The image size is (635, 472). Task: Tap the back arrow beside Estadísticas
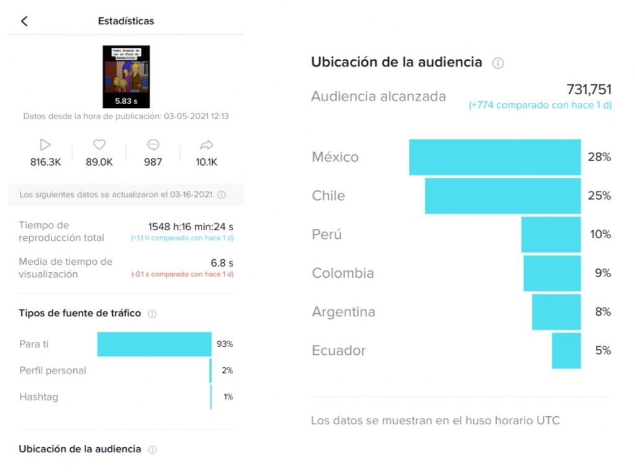[24, 21]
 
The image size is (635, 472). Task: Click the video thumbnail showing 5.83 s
[126, 76]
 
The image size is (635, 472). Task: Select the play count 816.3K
[45, 162]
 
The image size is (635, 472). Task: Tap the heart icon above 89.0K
[99, 145]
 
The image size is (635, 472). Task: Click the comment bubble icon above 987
[153, 145]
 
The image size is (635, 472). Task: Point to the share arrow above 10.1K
[206, 145]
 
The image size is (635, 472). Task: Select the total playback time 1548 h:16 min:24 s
[190, 226]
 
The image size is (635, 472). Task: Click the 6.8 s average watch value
[222, 263]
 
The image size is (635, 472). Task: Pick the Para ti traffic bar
[154, 344]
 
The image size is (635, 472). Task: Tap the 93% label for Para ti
[224, 344]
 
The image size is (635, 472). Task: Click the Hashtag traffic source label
[38, 397]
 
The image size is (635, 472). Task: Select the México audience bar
[495, 157]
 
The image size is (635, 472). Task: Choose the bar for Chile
[502, 196]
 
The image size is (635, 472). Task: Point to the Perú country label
[327, 234]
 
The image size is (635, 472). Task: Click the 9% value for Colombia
[603, 273]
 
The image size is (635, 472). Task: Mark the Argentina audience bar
[556, 312]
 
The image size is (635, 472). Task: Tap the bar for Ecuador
[566, 350]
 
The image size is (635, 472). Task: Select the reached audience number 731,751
[588, 89]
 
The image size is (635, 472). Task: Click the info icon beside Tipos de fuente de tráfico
[152, 314]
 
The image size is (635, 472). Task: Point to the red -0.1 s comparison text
[182, 274]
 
